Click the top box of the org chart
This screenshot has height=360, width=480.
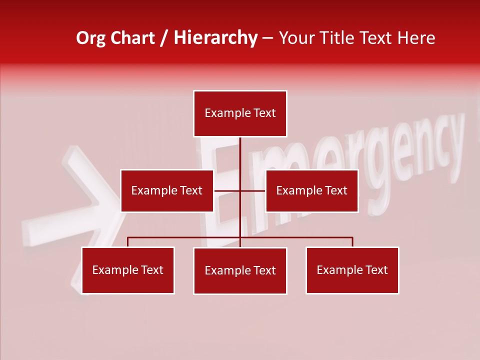pyautogui.click(x=240, y=113)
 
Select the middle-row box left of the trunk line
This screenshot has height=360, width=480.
pyautogui.click(x=167, y=190)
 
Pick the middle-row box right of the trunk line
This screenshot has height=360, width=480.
pyautogui.click(x=311, y=190)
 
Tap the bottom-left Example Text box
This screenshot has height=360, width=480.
pyautogui.click(x=128, y=270)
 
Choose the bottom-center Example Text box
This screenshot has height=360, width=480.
pyautogui.click(x=240, y=270)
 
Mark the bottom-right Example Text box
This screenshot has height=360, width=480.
pyautogui.click(x=352, y=270)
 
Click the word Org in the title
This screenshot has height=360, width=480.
pyautogui.click(x=90, y=38)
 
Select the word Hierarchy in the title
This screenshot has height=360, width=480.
pyautogui.click(x=215, y=38)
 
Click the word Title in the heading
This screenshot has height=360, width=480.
pyautogui.click(x=339, y=38)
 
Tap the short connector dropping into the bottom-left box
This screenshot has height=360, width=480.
pyautogui.click(x=128, y=242)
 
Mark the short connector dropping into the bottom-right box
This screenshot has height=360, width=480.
pyautogui.click(x=352, y=242)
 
